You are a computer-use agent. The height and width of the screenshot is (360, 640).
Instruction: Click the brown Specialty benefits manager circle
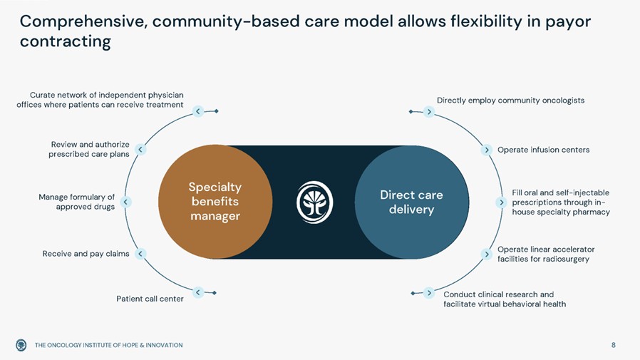[x=215, y=202]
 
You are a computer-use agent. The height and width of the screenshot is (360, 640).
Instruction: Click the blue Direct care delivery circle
[x=411, y=202]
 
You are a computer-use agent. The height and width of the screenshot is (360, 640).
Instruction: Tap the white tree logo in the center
[x=314, y=202]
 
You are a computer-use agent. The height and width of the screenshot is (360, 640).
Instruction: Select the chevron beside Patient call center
[x=198, y=292]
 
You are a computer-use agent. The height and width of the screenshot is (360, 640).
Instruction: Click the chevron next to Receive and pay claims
[x=141, y=253]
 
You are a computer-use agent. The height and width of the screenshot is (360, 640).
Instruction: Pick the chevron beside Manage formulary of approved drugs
[x=126, y=202]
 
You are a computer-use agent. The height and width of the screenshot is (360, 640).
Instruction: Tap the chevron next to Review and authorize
[x=141, y=150]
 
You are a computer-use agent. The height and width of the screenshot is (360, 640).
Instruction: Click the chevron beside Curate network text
[x=198, y=110]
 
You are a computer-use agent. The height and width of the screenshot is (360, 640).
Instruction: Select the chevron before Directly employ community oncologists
[x=428, y=111]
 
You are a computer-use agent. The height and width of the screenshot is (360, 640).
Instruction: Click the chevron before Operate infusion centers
[x=486, y=150]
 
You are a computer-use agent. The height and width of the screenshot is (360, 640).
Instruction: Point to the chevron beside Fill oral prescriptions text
[x=502, y=202]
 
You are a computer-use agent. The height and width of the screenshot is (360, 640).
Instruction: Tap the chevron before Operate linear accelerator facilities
[x=486, y=253]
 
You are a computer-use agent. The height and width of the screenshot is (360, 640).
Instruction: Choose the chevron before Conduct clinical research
[x=428, y=292]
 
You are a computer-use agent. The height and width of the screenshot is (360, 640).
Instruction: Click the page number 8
[x=613, y=345]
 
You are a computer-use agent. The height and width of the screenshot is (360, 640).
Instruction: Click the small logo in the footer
[x=21, y=345]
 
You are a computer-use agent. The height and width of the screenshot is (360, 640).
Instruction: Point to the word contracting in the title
[x=65, y=42]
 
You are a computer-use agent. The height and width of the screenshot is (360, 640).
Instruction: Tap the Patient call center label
[x=150, y=299]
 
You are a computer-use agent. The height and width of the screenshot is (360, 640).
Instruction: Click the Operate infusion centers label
[x=543, y=150]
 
